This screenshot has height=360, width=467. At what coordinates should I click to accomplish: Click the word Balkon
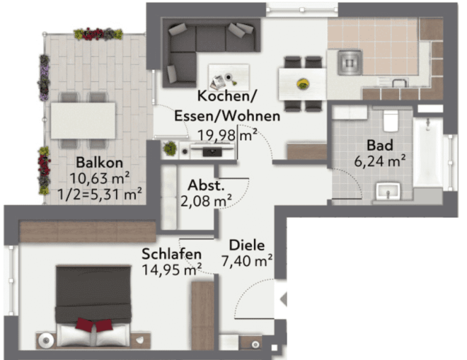tap(98, 162)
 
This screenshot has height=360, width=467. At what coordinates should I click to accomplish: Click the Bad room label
tap(379, 145)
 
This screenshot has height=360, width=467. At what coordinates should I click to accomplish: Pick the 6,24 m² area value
tap(380, 160)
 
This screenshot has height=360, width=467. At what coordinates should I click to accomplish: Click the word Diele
tap(246, 245)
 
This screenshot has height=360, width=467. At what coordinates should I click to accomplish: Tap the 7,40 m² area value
tap(247, 259)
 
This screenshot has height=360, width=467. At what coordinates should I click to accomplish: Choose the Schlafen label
tap(171, 254)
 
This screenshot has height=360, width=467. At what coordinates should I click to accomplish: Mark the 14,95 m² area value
tap(171, 269)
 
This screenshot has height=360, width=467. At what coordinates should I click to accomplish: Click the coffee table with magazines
tap(228, 76)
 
